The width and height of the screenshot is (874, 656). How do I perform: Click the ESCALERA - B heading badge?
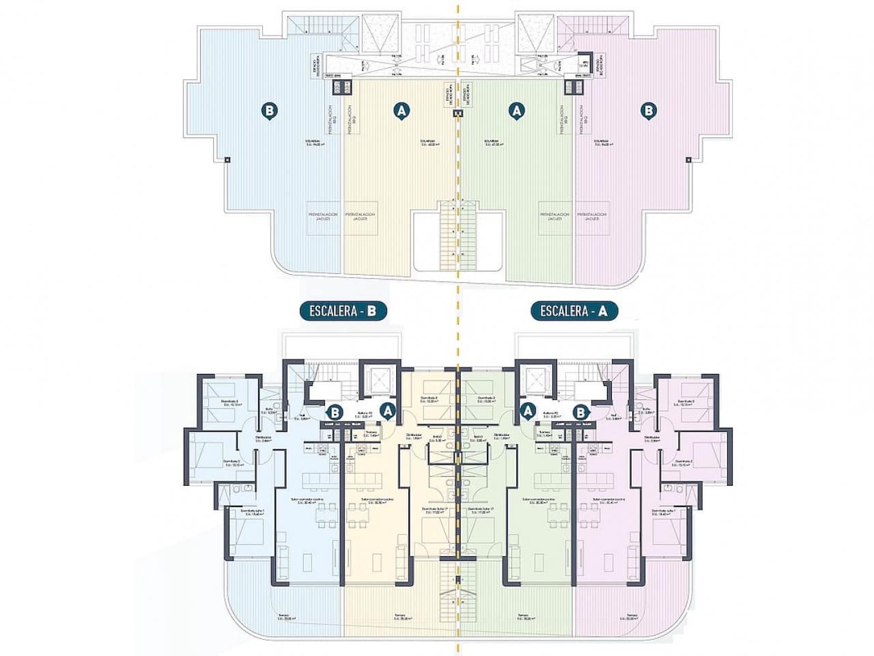coord(343,312)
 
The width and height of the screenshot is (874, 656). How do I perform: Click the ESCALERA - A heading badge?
coord(574,312)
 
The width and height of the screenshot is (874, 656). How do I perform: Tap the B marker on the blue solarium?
coord(270,109)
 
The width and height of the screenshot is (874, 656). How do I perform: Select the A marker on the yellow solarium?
coord(402,109)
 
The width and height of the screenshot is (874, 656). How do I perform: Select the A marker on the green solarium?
coord(517,109)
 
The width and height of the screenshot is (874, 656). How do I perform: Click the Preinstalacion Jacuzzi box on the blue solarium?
coord(324,217)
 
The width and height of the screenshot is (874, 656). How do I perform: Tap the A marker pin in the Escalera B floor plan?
coord(389,411)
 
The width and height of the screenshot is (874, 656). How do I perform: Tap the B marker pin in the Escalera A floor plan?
coord(580,412)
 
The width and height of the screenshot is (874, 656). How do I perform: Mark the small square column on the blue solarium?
coord(227,160)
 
